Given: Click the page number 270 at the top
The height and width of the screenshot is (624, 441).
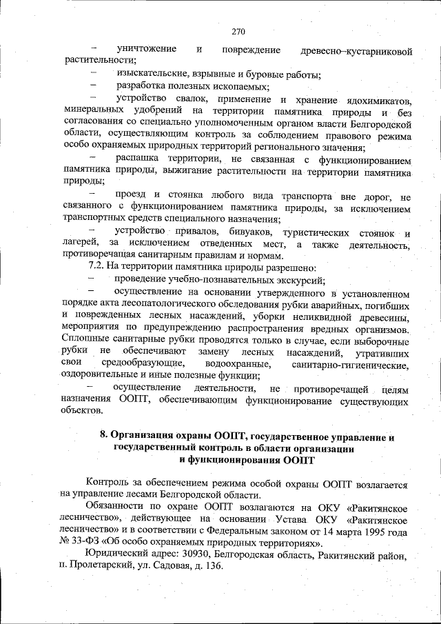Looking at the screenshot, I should tap(238, 31).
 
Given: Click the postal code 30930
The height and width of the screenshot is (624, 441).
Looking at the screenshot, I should tap(192, 556).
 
